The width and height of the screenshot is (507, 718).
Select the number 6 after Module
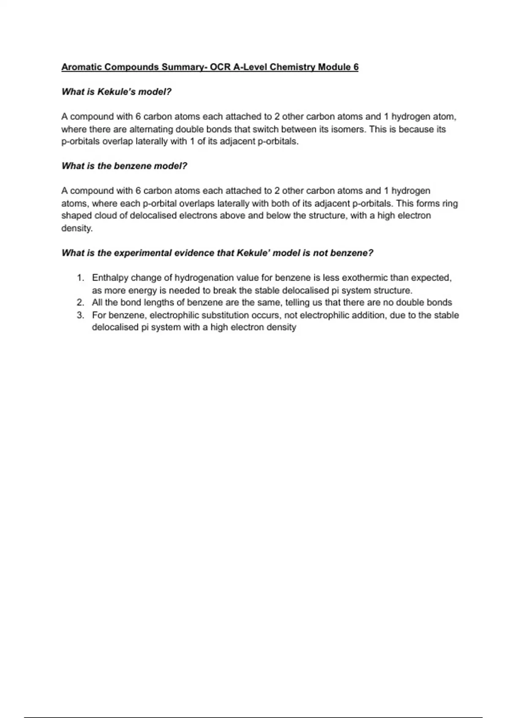point(356,67)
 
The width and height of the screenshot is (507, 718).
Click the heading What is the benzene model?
point(124,166)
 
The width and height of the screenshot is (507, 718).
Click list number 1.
point(80,278)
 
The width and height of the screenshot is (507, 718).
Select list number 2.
point(80,303)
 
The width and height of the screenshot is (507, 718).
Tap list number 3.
point(80,315)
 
